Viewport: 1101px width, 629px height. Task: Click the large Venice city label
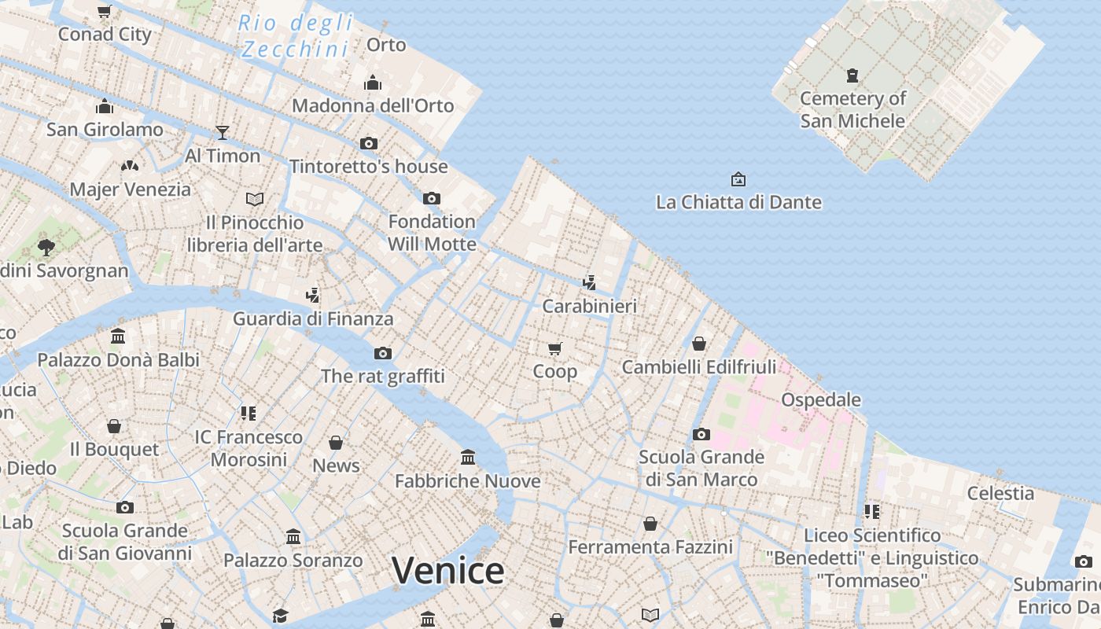(447, 571)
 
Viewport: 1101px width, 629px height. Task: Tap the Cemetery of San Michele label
(852, 110)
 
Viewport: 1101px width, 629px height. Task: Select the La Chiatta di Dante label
(738, 202)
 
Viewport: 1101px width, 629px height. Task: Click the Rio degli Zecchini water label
(295, 36)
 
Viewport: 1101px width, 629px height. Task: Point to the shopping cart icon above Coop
(555, 348)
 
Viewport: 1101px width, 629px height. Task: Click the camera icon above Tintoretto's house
(369, 143)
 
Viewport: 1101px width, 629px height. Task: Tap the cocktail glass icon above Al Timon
(223, 132)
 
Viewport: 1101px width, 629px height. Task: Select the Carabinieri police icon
(589, 282)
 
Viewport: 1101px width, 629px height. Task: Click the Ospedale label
(820, 399)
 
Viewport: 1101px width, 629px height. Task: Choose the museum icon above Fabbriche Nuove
(468, 457)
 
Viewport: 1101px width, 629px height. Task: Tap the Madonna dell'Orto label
(373, 105)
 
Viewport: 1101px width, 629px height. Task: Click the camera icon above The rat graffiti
(383, 353)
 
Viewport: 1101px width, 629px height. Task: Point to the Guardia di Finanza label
(313, 318)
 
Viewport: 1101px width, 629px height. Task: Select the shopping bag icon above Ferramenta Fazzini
(650, 523)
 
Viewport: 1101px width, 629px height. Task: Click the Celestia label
(1000, 493)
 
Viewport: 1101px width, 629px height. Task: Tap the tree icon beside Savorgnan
(46, 248)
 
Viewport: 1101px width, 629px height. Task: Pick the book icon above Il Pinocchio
(254, 199)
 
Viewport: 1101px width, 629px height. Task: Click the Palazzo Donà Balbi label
(119, 360)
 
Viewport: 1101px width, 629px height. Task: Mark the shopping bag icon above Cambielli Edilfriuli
(698, 344)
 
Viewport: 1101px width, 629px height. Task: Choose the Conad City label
(105, 34)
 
